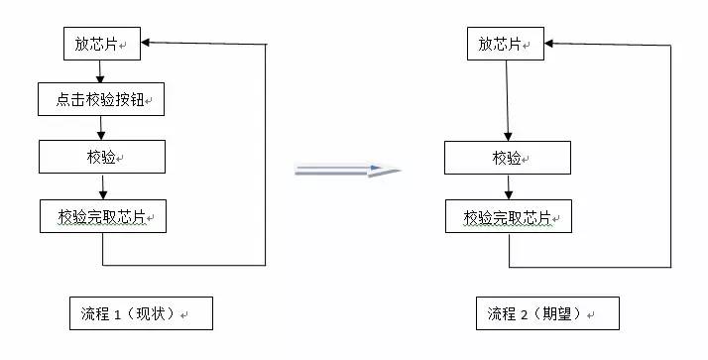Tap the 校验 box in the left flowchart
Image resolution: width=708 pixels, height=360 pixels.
(102, 156)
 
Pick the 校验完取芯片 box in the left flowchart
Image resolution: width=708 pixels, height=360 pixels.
(102, 214)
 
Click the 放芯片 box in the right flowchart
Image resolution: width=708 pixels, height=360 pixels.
(506, 44)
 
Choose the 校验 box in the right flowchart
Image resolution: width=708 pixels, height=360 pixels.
(507, 157)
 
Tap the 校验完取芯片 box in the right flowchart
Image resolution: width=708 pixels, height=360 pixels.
(508, 215)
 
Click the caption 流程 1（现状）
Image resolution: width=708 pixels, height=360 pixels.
(140, 313)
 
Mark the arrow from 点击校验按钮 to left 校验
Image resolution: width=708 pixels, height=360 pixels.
(102, 128)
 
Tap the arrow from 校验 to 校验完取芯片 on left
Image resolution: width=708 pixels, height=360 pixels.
(102, 185)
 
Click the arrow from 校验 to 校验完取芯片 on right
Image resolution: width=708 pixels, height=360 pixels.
(508, 185)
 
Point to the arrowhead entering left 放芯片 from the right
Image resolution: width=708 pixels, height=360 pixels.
(146, 43)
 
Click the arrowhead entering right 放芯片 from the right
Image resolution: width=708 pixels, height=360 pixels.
(550, 43)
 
